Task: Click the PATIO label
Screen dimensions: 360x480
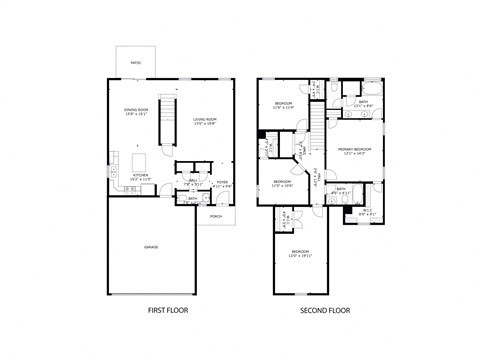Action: (136, 62)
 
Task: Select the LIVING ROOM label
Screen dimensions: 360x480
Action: (206, 121)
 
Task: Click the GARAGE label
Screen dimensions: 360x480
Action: (151, 246)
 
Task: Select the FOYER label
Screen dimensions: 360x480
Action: (223, 183)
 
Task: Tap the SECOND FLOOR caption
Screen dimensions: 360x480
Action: (325, 311)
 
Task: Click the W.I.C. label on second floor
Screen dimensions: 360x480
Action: (366, 210)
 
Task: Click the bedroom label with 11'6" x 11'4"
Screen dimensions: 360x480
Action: (283, 105)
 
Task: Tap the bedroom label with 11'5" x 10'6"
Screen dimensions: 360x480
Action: (283, 183)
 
